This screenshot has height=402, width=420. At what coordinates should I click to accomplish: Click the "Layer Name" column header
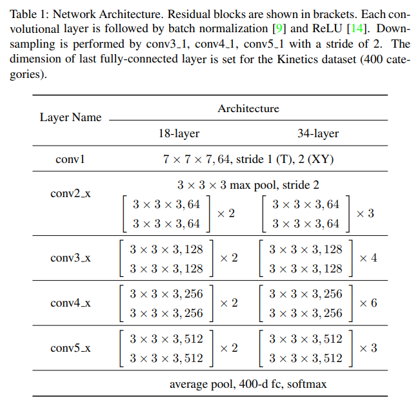(x=70, y=117)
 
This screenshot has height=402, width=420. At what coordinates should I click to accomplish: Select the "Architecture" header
(x=248, y=108)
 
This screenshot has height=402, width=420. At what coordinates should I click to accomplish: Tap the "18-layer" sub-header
(x=179, y=134)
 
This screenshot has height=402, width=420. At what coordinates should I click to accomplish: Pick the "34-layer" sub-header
(x=318, y=134)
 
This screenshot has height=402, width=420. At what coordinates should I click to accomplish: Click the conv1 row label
(x=70, y=158)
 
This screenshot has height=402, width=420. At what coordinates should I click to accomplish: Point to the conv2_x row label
(x=70, y=193)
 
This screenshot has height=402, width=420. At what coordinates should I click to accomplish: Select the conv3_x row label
(x=70, y=258)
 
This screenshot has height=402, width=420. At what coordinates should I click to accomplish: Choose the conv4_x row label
(x=70, y=303)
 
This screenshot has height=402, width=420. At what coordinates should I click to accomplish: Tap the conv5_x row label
(x=70, y=348)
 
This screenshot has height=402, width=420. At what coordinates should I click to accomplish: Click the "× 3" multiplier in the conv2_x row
(x=365, y=213)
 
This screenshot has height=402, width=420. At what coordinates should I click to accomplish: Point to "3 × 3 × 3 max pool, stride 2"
(x=248, y=185)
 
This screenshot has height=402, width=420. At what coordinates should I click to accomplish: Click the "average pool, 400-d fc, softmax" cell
(x=248, y=384)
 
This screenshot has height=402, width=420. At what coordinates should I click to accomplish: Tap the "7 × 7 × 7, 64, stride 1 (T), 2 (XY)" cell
(x=248, y=158)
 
